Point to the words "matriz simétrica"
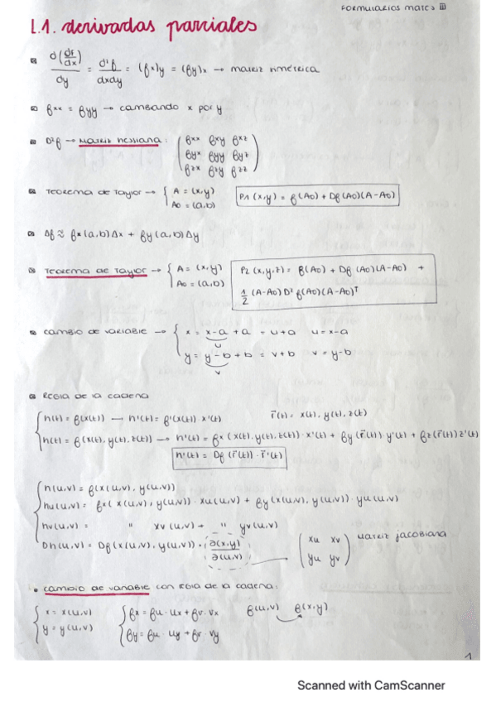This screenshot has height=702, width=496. point(277,70)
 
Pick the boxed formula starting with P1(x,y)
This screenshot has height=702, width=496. point(317,196)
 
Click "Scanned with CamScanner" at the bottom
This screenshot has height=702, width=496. point(371,685)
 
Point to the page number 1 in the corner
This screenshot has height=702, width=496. point(469,656)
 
